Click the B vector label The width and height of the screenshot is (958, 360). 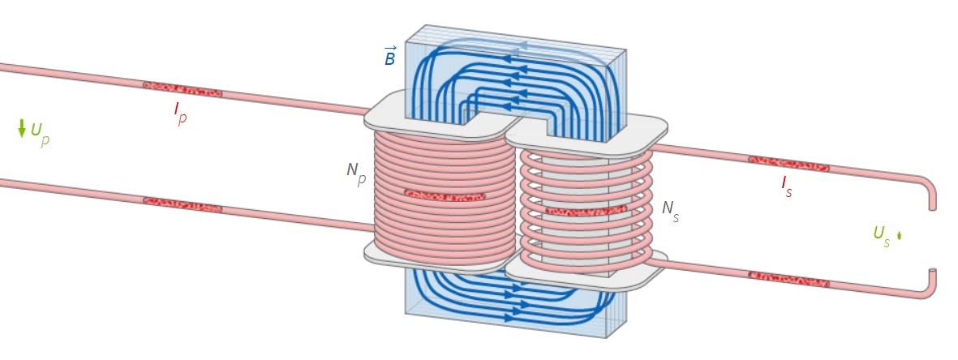(x=390, y=56)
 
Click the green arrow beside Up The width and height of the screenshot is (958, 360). (x=22, y=128)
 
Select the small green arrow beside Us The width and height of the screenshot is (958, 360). (x=899, y=236)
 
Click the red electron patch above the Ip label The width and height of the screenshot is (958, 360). (x=183, y=86)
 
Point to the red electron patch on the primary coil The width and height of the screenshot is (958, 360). (x=445, y=195)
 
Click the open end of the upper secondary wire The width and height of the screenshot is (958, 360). (x=932, y=206)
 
